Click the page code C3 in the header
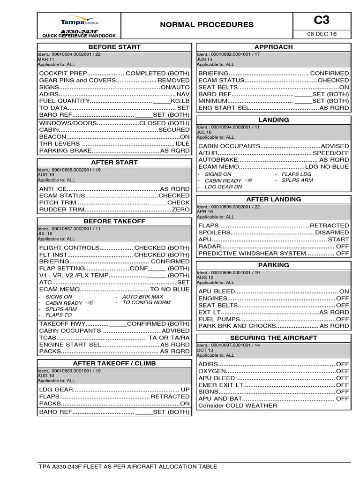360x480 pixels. (x=322, y=20)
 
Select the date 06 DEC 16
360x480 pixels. (x=322, y=34)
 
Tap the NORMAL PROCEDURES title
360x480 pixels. (x=207, y=25)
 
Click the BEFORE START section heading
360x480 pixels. (x=114, y=47)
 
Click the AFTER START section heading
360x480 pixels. (x=114, y=162)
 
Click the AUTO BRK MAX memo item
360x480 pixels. (x=142, y=297)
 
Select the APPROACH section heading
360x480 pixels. (x=273, y=47)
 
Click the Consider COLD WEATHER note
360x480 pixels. (x=238, y=405)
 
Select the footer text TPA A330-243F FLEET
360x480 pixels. (x=128, y=466)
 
